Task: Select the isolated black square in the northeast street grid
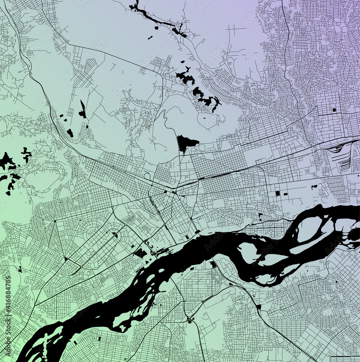(x=334, y=110)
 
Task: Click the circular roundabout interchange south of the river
(x=189, y=321)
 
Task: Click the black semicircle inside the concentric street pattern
(x=115, y=235)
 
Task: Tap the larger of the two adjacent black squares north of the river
(x=277, y=193)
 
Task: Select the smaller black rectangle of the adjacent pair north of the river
(x=285, y=194)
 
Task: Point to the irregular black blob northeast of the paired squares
(x=314, y=187)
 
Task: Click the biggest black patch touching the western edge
(x=6, y=160)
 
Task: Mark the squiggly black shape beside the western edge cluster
(x=26, y=154)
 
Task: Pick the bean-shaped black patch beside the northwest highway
(x=70, y=133)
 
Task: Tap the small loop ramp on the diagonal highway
(x=147, y=176)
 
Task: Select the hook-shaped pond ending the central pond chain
(x=216, y=104)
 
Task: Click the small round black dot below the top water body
(x=156, y=28)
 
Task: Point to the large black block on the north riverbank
(x=140, y=253)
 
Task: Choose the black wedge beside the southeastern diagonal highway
(x=258, y=307)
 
